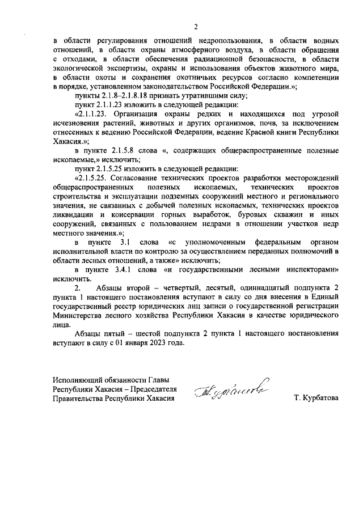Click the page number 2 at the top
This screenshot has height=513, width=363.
(x=196, y=26)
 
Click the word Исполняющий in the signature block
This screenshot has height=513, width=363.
(x=79, y=380)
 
